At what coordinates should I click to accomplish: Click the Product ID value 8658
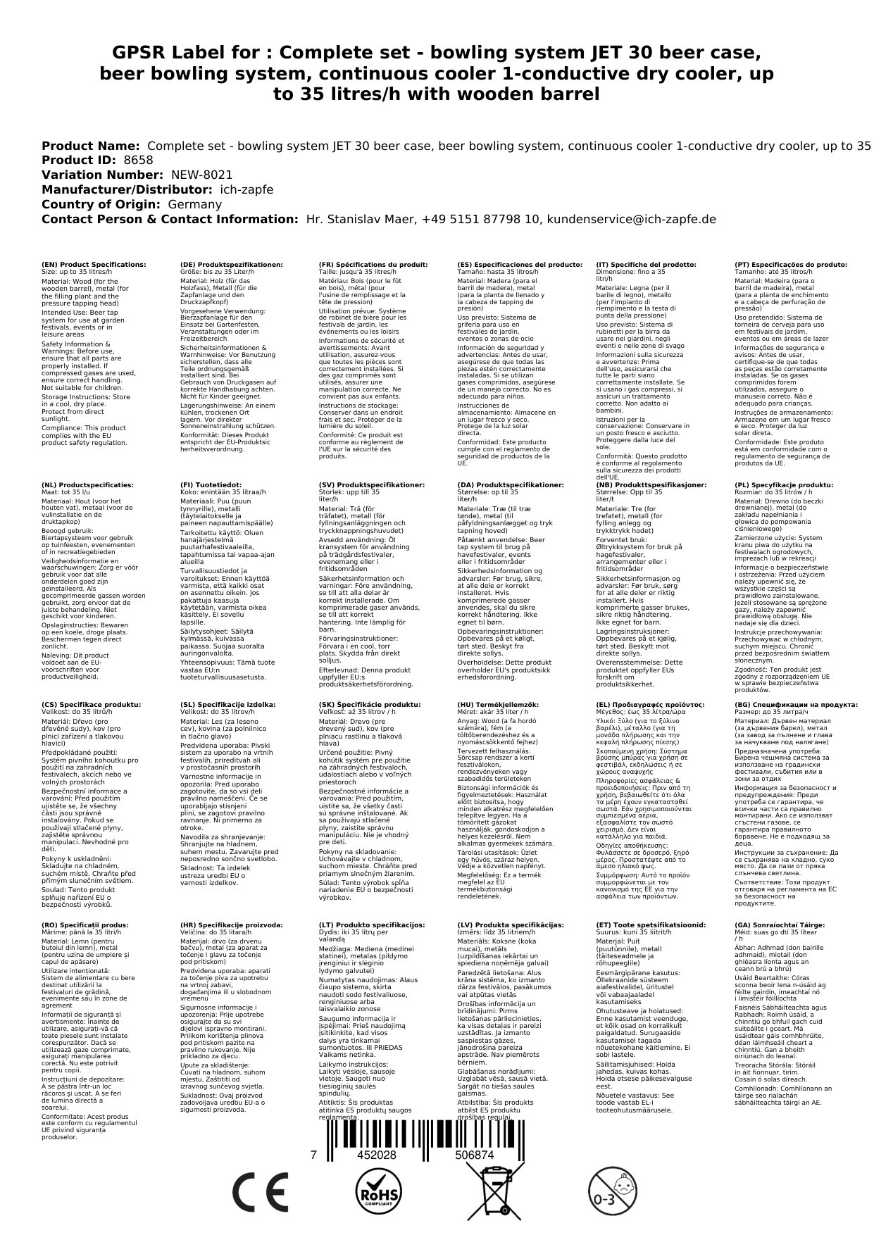138,161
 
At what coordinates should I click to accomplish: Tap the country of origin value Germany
194,204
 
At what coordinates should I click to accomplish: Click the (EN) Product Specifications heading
94,265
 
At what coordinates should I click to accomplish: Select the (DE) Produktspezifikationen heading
232,265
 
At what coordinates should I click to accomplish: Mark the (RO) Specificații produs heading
85,924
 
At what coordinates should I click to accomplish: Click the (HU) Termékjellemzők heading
498,705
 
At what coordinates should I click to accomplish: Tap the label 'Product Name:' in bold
91,146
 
